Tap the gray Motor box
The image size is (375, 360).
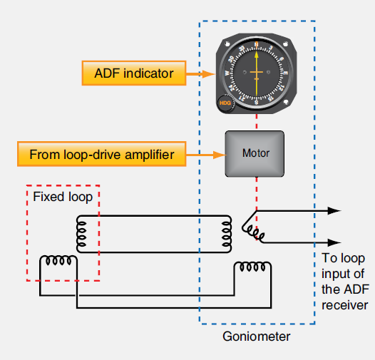coord(255,153)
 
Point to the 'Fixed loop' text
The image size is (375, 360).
coord(62,197)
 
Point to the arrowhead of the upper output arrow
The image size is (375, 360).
coord(335,211)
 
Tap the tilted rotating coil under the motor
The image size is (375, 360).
coord(254,230)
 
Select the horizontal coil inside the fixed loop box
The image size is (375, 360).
coord(60,262)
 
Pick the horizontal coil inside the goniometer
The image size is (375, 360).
coord(253,267)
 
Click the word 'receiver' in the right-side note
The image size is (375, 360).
coord(345,305)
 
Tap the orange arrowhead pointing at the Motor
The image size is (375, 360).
coord(218,153)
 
